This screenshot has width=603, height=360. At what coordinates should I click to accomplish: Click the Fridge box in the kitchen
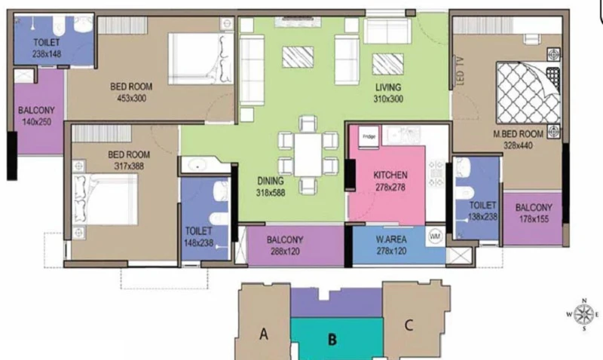click(x=369, y=136)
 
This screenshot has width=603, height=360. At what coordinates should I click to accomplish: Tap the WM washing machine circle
click(x=435, y=236)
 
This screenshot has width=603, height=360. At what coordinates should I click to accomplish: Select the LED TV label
click(x=461, y=72)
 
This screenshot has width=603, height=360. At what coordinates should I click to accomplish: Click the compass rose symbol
click(x=584, y=315)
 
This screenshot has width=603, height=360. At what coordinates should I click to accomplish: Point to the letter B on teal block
click(x=332, y=339)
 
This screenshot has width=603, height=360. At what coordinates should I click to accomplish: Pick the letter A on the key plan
click(x=263, y=334)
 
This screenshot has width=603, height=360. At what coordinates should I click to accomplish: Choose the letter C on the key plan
click(x=409, y=325)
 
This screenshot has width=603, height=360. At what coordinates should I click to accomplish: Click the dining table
click(x=308, y=154)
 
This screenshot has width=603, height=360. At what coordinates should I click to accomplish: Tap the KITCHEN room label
click(x=390, y=175)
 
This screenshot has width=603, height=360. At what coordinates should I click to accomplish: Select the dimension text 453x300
click(x=131, y=99)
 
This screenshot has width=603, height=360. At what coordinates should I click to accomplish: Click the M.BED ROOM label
click(x=518, y=134)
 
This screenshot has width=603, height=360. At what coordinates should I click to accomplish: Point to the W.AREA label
click(x=391, y=239)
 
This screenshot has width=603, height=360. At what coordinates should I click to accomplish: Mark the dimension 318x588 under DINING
click(x=271, y=193)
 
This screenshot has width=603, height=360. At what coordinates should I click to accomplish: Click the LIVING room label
click(x=388, y=87)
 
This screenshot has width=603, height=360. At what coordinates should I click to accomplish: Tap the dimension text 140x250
click(x=36, y=122)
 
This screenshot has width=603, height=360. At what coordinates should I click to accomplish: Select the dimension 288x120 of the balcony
click(x=285, y=252)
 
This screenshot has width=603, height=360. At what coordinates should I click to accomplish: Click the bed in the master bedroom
click(x=527, y=92)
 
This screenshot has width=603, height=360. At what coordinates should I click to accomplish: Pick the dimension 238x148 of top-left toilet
click(x=47, y=54)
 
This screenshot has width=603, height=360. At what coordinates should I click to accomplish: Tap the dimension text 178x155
click(x=534, y=219)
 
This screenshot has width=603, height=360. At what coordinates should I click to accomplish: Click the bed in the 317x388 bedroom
click(x=105, y=199)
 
